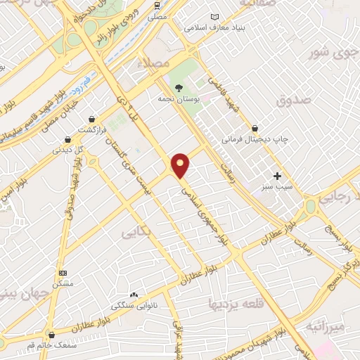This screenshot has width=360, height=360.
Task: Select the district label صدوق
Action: [292, 101]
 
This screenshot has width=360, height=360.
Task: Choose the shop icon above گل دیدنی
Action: [67, 139]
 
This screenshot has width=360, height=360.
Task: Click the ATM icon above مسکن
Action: [63, 273]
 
